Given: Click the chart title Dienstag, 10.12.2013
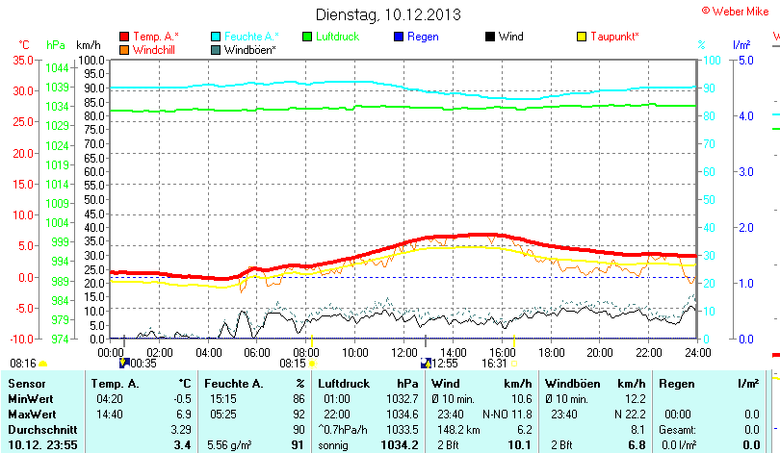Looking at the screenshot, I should (x=388, y=15).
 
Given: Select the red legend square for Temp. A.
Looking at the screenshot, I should (x=124, y=37).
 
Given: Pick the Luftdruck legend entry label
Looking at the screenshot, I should (x=338, y=37).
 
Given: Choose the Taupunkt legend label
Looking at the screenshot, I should (x=615, y=37).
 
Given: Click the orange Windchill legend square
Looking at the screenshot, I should (x=124, y=49).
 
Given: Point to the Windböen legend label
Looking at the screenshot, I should (x=250, y=49).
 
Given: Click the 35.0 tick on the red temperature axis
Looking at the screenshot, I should (x=21, y=60).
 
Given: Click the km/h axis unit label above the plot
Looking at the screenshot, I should (x=88, y=45).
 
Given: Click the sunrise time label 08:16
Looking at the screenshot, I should (x=22, y=364).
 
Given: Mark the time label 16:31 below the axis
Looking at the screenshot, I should (x=494, y=364).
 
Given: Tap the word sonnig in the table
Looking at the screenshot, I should (x=334, y=445).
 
